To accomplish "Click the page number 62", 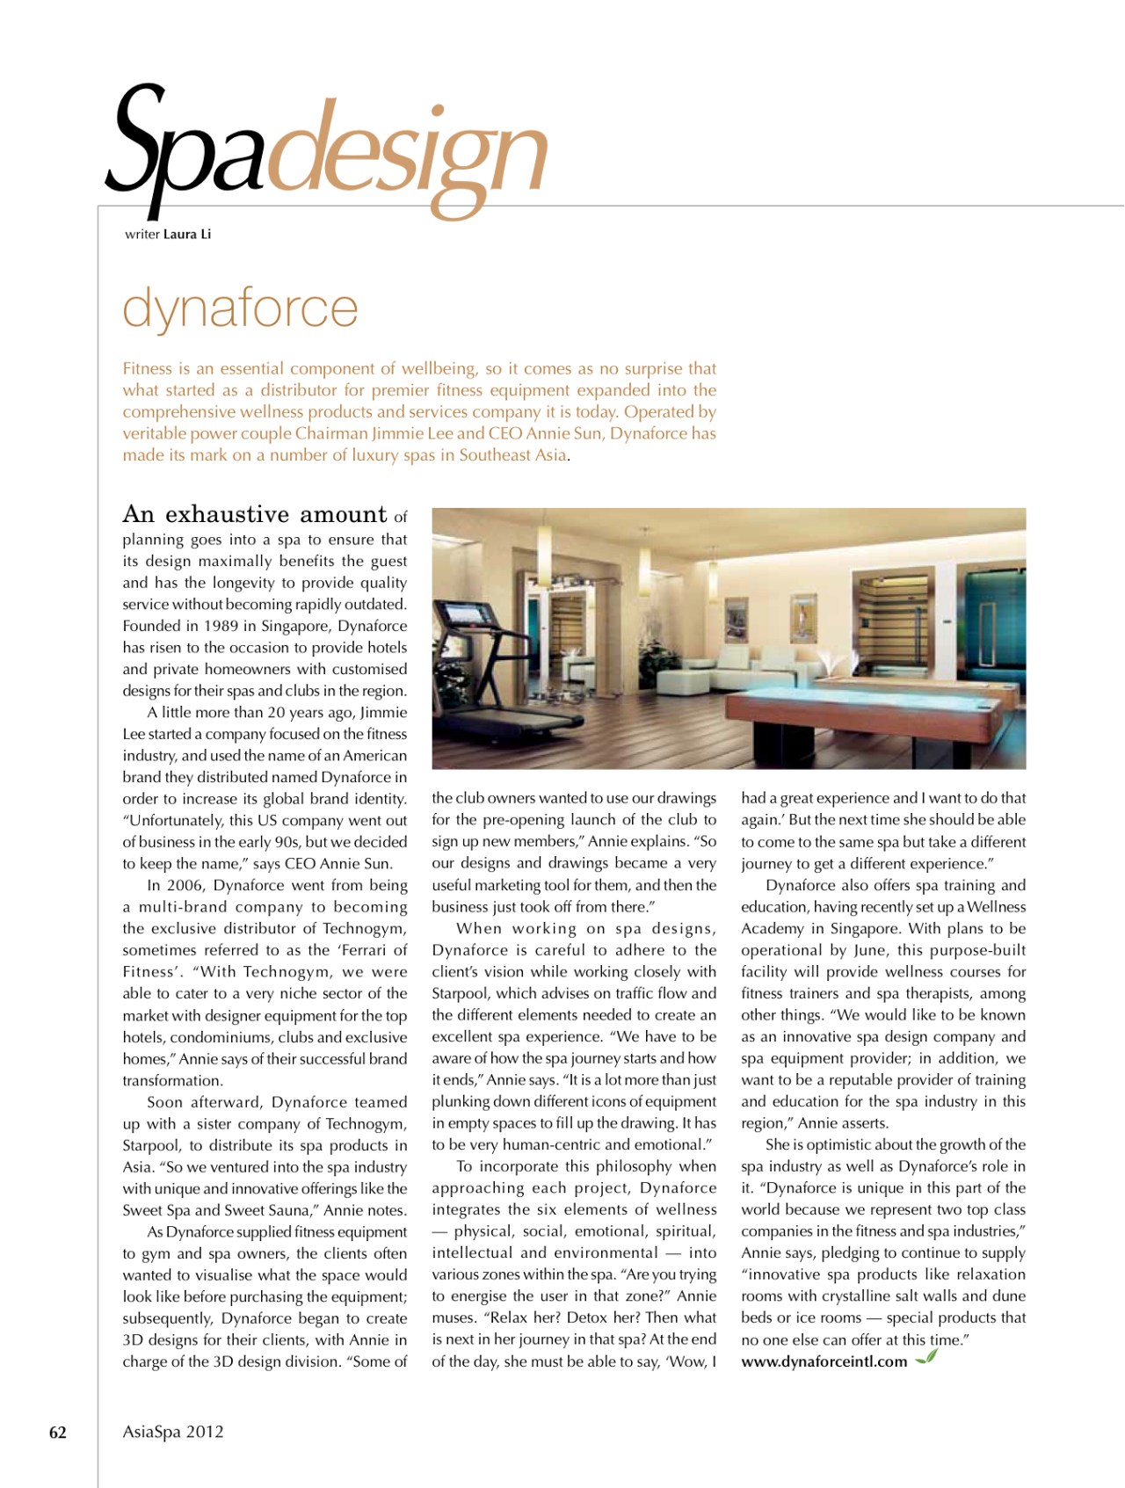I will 58,1433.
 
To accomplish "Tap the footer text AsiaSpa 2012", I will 173,1432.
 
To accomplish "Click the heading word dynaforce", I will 240,308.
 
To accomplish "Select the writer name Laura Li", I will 186,234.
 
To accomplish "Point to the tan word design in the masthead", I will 406,158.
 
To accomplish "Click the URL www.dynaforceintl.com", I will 824,1361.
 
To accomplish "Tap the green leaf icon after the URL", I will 926,1358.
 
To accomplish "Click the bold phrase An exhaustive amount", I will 255,515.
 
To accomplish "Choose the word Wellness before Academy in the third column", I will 996,907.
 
